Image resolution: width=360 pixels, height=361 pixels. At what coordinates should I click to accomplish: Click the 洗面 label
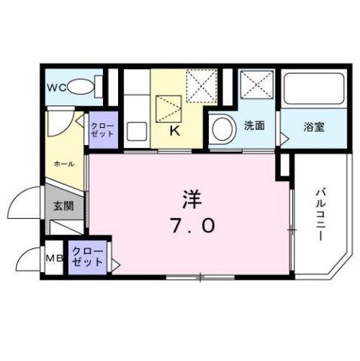point(253,126)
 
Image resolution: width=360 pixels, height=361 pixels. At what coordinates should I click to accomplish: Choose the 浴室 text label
point(314,126)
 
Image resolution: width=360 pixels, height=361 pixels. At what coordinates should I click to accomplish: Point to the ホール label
point(62,163)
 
